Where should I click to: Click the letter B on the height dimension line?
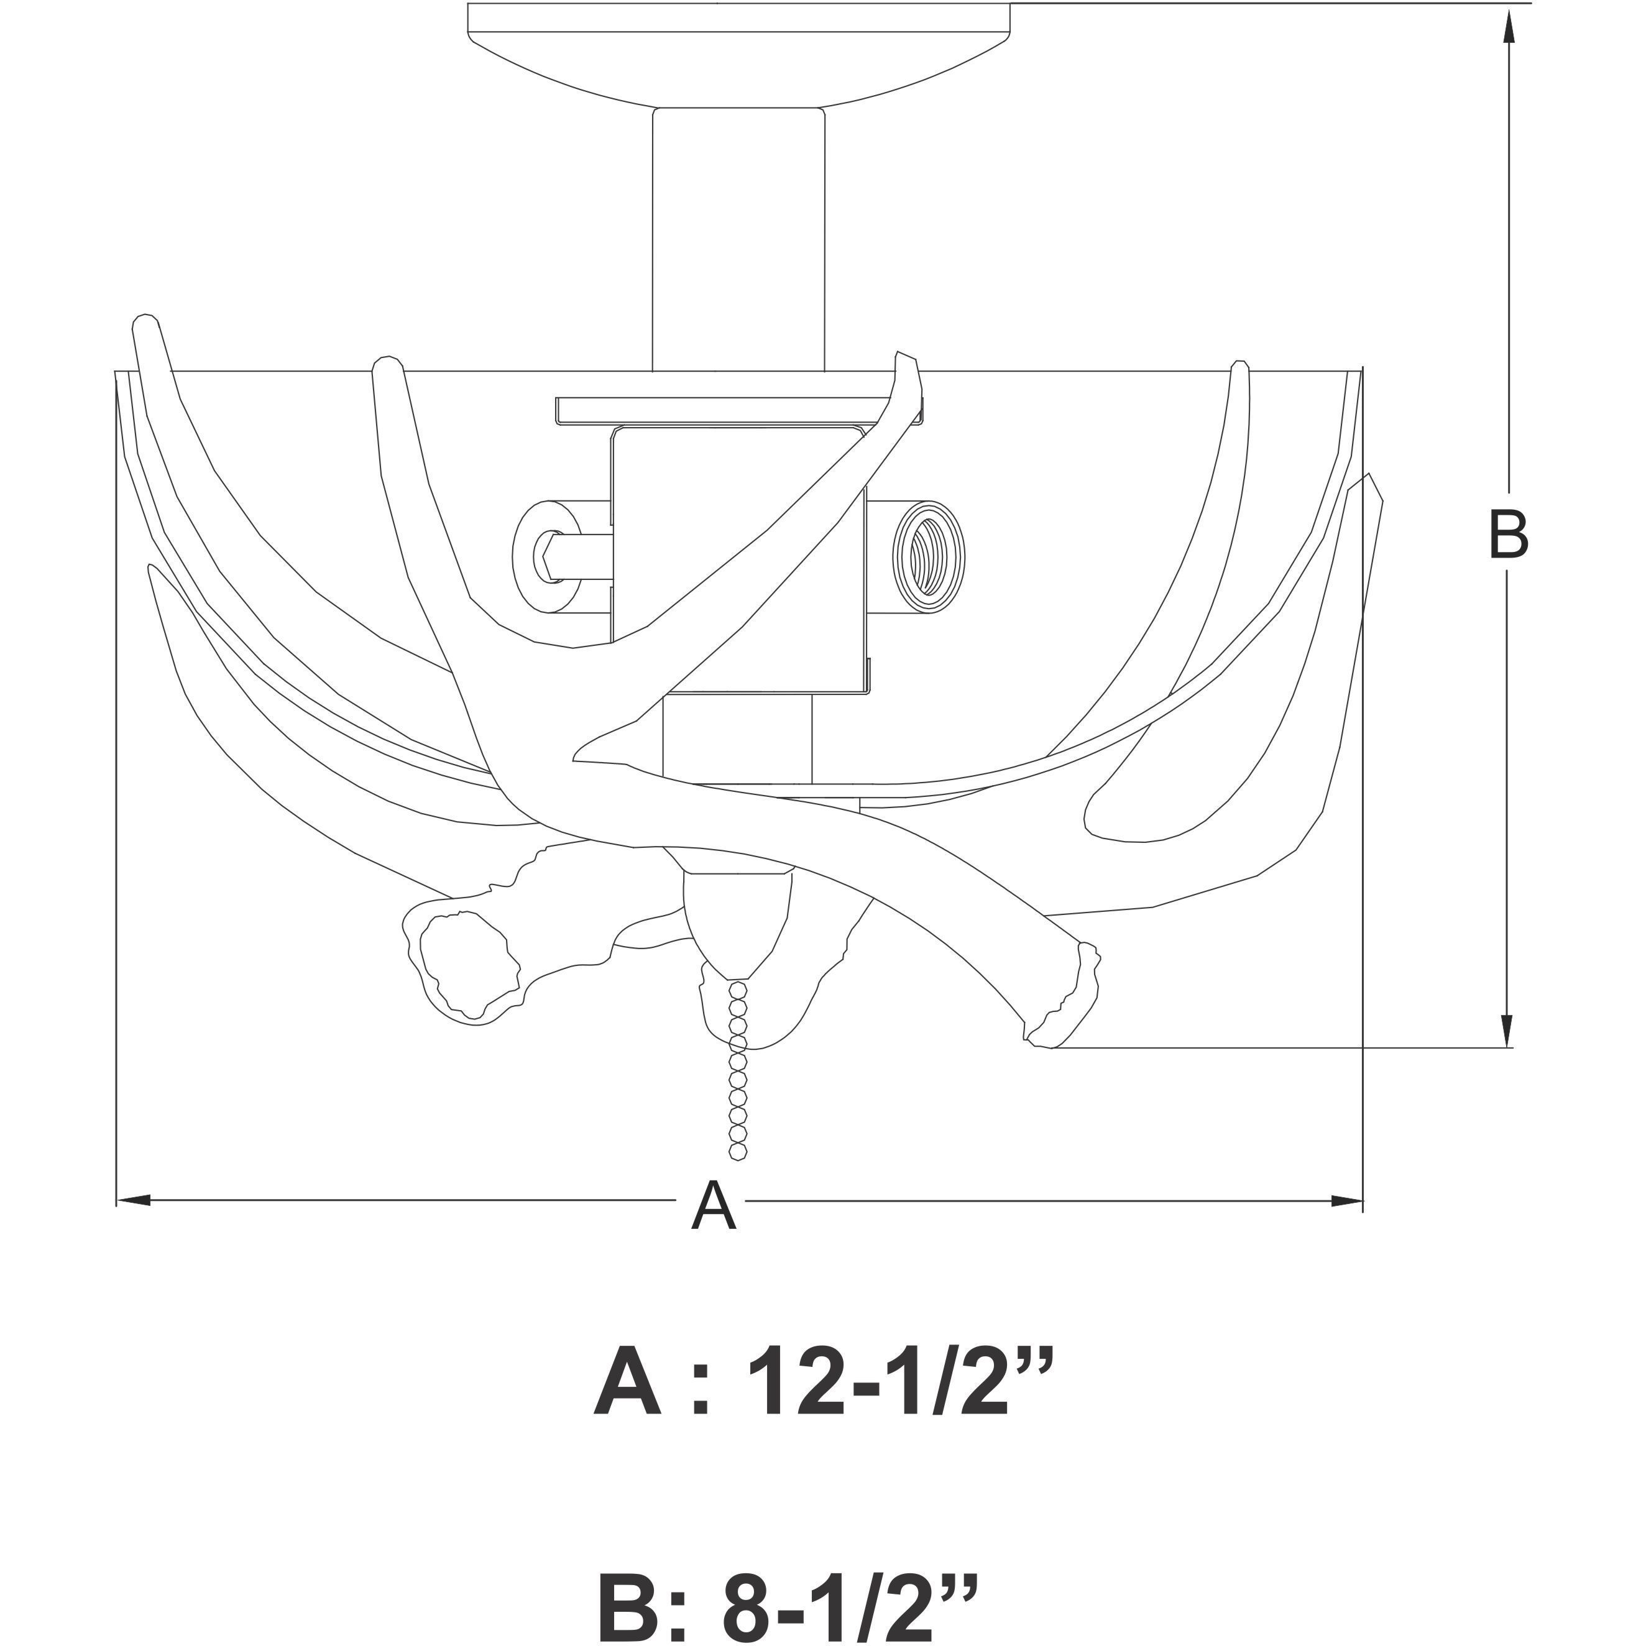[x=1508, y=535]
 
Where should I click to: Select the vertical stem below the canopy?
[x=738, y=239]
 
